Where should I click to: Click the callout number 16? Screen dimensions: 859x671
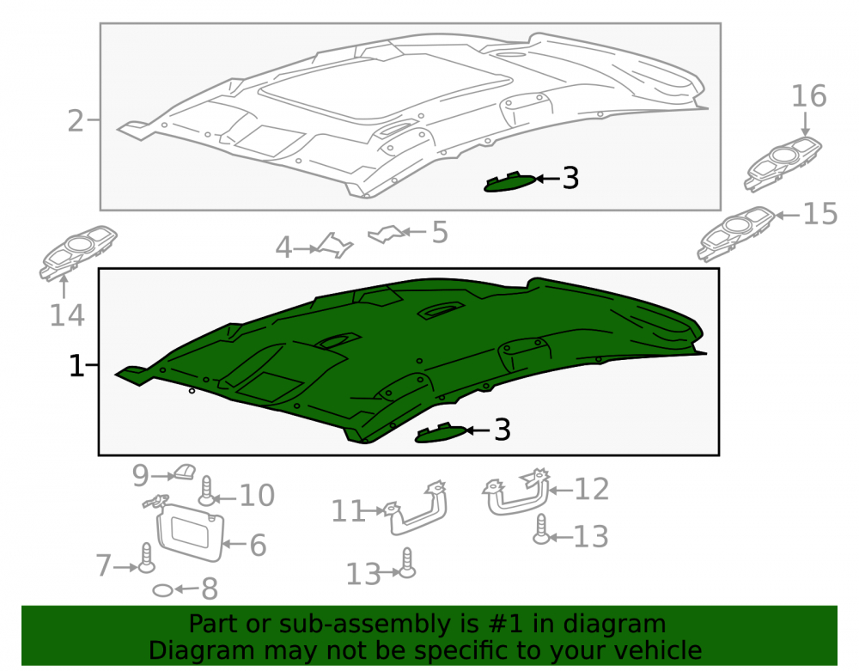(808, 96)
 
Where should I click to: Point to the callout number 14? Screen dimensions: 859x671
(67, 315)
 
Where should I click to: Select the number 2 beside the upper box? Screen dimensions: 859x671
(76, 120)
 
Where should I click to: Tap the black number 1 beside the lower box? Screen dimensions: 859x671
(76, 366)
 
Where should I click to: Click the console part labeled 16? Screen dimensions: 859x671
(783, 164)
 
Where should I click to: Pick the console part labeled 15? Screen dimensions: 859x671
(736, 234)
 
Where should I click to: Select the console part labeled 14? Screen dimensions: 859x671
(78, 253)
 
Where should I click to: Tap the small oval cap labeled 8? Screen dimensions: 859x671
(162, 590)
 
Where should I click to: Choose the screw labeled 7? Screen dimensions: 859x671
(146, 558)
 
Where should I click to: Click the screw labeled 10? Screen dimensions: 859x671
(206, 491)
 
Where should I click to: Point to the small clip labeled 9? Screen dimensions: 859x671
(185, 472)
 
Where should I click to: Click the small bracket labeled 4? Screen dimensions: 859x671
(335, 246)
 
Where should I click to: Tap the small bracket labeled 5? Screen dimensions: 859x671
(388, 234)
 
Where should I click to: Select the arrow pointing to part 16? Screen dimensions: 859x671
(806, 123)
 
